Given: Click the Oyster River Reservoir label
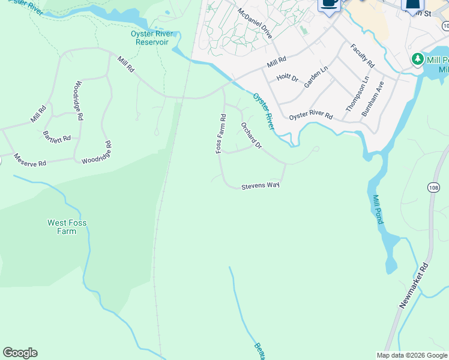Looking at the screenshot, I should (152, 38).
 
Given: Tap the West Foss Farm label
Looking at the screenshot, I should (67, 227).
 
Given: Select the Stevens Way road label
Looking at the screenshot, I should (261, 187).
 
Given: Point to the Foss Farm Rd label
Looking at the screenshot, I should (221, 134).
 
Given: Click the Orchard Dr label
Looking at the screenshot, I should (252, 136).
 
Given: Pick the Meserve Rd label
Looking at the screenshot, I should (30, 163).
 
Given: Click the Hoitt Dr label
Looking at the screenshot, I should (287, 78).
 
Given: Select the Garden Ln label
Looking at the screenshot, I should (316, 77).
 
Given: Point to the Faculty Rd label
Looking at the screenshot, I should (363, 55).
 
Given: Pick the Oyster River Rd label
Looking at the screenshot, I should (310, 116).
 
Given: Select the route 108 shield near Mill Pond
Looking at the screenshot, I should (434, 188).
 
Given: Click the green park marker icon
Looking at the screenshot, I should (417, 60).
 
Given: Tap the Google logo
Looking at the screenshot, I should (20, 353).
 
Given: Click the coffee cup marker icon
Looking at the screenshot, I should (328, 4).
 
